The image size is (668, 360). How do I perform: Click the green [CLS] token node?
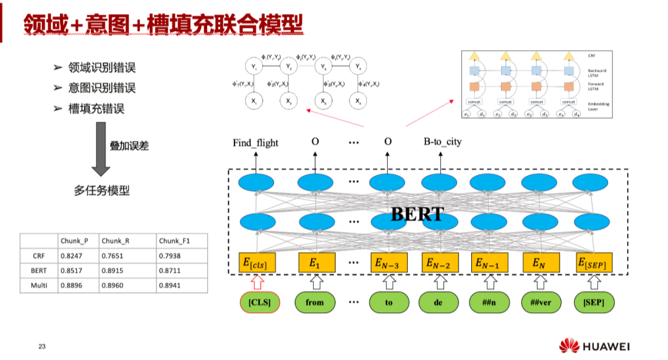pos(260,302)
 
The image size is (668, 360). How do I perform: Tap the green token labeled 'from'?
pos(314,302)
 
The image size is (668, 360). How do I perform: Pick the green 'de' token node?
pos(439,302)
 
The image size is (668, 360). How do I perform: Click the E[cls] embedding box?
pos(257,264)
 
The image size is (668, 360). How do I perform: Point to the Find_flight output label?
pos(255,142)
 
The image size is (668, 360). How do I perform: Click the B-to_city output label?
pos(442,142)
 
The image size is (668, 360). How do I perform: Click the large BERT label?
pos(417,214)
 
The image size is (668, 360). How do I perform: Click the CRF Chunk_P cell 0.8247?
pos(73,255)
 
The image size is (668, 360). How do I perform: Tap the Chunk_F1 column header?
pos(173,241)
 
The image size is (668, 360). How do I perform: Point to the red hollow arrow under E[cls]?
pos(257,282)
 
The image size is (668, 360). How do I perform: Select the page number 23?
pos(42,346)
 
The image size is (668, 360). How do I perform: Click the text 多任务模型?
pos(102,191)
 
